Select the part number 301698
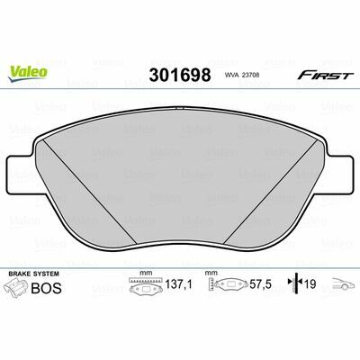[180, 75]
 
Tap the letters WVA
[231, 76]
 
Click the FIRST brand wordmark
[324, 76]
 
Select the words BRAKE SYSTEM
[33, 274]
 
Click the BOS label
[47, 288]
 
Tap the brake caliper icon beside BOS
[17, 287]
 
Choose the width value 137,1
[179, 283]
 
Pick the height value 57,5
[260, 283]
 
